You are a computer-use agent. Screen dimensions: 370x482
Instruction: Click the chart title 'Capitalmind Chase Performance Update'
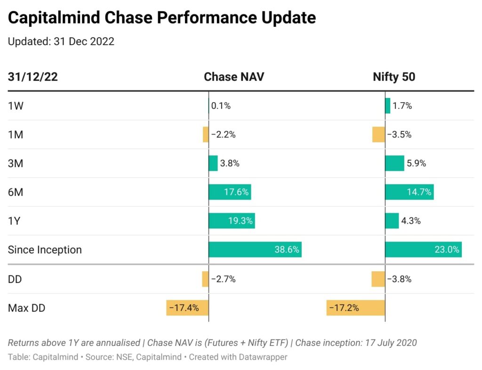(x=162, y=18)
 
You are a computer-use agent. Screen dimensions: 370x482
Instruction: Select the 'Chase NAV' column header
(x=233, y=77)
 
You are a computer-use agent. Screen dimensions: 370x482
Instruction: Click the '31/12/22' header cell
(x=33, y=77)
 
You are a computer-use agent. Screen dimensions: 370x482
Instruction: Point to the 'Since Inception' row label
(x=45, y=249)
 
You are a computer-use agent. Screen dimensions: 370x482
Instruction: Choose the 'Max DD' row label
(x=26, y=308)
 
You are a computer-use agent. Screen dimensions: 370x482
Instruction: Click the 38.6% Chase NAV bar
(x=255, y=249)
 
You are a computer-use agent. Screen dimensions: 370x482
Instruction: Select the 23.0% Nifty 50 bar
(x=423, y=249)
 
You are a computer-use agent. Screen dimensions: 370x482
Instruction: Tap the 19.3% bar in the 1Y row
(x=232, y=221)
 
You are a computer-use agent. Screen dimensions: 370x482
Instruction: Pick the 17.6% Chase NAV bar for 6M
(x=230, y=192)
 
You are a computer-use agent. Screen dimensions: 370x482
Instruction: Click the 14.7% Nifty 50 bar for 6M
(x=409, y=192)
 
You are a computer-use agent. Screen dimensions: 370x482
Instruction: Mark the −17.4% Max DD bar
(x=187, y=308)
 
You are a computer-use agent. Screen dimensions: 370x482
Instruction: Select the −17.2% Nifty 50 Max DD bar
(x=355, y=308)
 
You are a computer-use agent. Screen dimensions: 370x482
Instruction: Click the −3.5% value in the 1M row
(x=399, y=135)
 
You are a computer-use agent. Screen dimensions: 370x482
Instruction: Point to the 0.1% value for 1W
(x=221, y=106)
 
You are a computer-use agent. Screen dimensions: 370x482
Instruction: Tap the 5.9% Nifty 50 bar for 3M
(x=394, y=163)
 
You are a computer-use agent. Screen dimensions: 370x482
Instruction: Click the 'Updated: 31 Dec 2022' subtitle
(x=61, y=41)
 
